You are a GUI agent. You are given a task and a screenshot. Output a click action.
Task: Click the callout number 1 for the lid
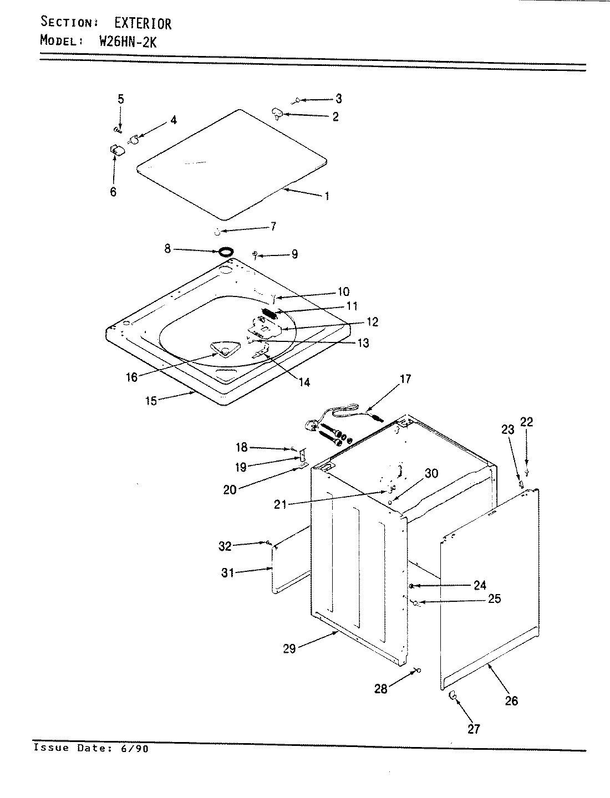pyautogui.click(x=327, y=196)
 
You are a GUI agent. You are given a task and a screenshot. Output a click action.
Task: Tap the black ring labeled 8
pyautogui.click(x=225, y=252)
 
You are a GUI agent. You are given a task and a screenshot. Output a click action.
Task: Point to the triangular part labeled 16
pyautogui.click(x=223, y=349)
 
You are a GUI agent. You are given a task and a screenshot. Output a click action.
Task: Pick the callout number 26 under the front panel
pyautogui.click(x=511, y=700)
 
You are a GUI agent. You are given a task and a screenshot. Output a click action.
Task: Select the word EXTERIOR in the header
pyautogui.click(x=143, y=23)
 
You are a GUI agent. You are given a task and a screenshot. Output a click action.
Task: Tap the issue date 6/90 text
pyautogui.click(x=134, y=748)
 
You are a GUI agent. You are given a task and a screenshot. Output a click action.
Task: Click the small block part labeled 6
pyautogui.click(x=116, y=150)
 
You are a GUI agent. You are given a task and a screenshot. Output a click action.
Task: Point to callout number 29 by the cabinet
pyautogui.click(x=289, y=648)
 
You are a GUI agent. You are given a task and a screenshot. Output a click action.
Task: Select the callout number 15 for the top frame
pyautogui.click(x=151, y=401)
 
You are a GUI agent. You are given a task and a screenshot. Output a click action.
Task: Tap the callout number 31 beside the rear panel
pyautogui.click(x=228, y=572)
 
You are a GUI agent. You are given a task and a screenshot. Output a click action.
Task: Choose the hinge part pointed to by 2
pyautogui.click(x=277, y=114)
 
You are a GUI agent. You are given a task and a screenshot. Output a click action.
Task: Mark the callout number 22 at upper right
pyautogui.click(x=526, y=422)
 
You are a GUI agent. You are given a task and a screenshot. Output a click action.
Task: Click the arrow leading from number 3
pyautogui.click(x=316, y=100)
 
